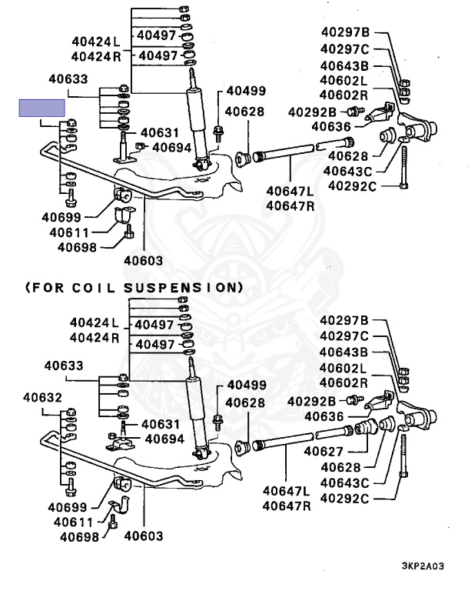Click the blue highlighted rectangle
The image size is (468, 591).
42,108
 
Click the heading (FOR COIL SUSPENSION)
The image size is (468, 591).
134,287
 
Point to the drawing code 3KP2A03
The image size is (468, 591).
422,565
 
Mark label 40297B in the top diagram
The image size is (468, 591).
344,32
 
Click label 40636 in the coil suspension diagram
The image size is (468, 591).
327,416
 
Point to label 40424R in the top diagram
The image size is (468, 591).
96,56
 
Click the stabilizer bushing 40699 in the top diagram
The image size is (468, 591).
124,196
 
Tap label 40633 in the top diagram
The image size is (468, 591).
68,78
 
